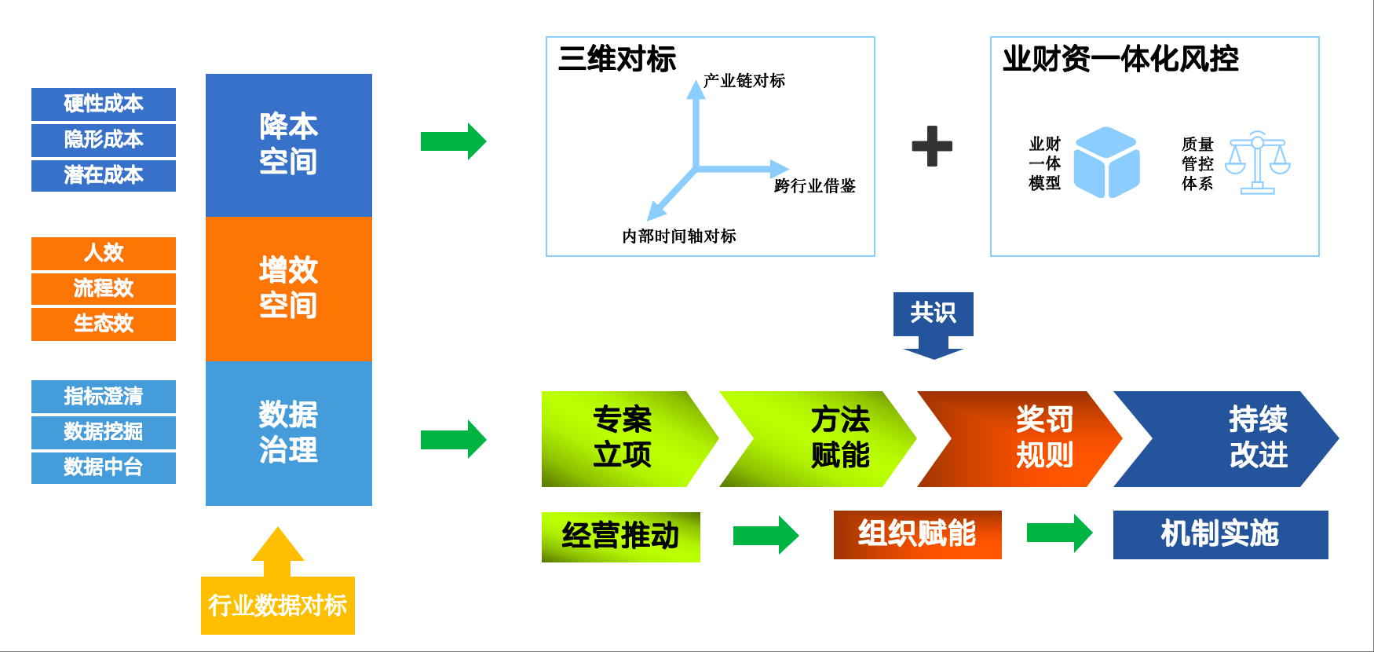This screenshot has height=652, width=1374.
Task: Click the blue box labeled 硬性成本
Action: coord(104,104)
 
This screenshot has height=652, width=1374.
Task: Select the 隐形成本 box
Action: coord(104,140)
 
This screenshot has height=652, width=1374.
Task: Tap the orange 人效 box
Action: coord(104,253)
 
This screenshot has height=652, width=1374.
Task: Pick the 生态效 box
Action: coord(104,324)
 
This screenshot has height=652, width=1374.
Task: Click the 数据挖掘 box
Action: coord(104,432)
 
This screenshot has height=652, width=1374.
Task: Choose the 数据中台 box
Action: coord(104,467)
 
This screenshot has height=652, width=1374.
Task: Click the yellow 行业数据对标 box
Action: coord(278,605)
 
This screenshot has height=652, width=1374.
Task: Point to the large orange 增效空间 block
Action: coord(289,288)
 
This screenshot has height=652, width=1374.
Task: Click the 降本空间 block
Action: coord(289,145)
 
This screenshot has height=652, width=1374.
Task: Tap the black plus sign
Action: coord(932,146)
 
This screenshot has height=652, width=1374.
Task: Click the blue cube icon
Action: coord(1106,163)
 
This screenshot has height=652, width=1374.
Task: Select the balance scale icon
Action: coord(1258,163)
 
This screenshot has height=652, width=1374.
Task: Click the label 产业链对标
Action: coord(744,81)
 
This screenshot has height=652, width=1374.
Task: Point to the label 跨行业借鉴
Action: coord(814,186)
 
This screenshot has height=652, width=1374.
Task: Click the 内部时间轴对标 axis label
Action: coord(679,236)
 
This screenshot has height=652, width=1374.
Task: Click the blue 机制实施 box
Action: coord(1220,535)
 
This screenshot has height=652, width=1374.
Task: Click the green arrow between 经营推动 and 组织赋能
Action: coord(766,535)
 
